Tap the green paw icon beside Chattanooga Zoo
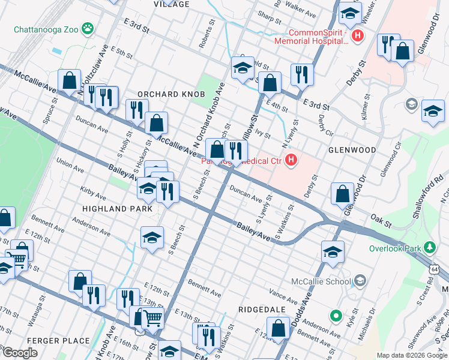click(x=89, y=28)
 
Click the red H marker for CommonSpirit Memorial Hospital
click(x=358, y=37)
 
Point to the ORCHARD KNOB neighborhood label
click(x=171, y=94)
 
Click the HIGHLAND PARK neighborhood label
click(x=117, y=208)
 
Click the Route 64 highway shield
click(x=443, y=272)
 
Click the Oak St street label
click(x=381, y=220)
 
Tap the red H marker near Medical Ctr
click(x=291, y=160)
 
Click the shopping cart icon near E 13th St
click(x=153, y=319)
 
